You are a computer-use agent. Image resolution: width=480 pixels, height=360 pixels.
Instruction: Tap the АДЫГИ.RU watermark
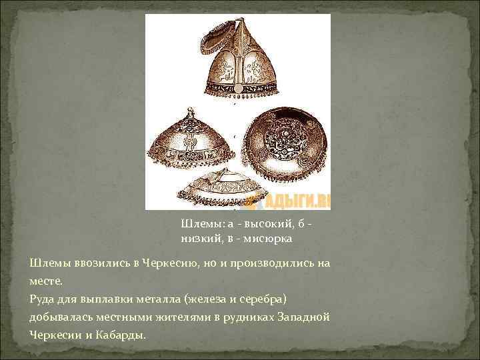click(301, 200)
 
